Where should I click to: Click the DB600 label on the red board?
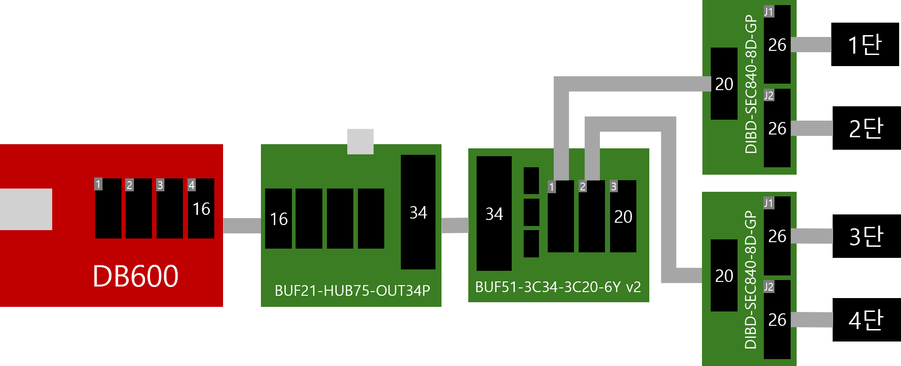click(x=135, y=276)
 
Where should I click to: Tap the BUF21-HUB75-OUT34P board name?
click(x=352, y=290)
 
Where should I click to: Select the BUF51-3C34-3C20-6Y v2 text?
click(x=558, y=287)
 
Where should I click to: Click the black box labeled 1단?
click(x=865, y=44)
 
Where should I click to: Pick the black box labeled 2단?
click(x=866, y=128)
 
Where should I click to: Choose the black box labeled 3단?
click(x=866, y=236)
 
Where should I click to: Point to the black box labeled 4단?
click(x=866, y=320)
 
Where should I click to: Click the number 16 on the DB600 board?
click(x=201, y=209)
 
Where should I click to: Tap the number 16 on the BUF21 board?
click(x=278, y=219)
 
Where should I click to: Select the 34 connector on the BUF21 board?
click(x=418, y=212)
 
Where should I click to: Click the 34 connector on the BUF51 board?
click(x=494, y=213)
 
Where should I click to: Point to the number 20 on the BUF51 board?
click(x=623, y=217)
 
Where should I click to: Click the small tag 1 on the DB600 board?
click(x=98, y=184)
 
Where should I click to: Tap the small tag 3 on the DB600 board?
click(x=160, y=185)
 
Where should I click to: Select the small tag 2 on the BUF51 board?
click(x=583, y=186)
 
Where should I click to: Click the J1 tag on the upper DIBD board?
click(x=769, y=12)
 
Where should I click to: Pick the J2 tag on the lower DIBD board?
click(x=769, y=287)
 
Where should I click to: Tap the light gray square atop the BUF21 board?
click(x=360, y=141)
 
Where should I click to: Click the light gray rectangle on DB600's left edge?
click(x=26, y=209)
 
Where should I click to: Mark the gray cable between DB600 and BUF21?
click(x=242, y=226)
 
